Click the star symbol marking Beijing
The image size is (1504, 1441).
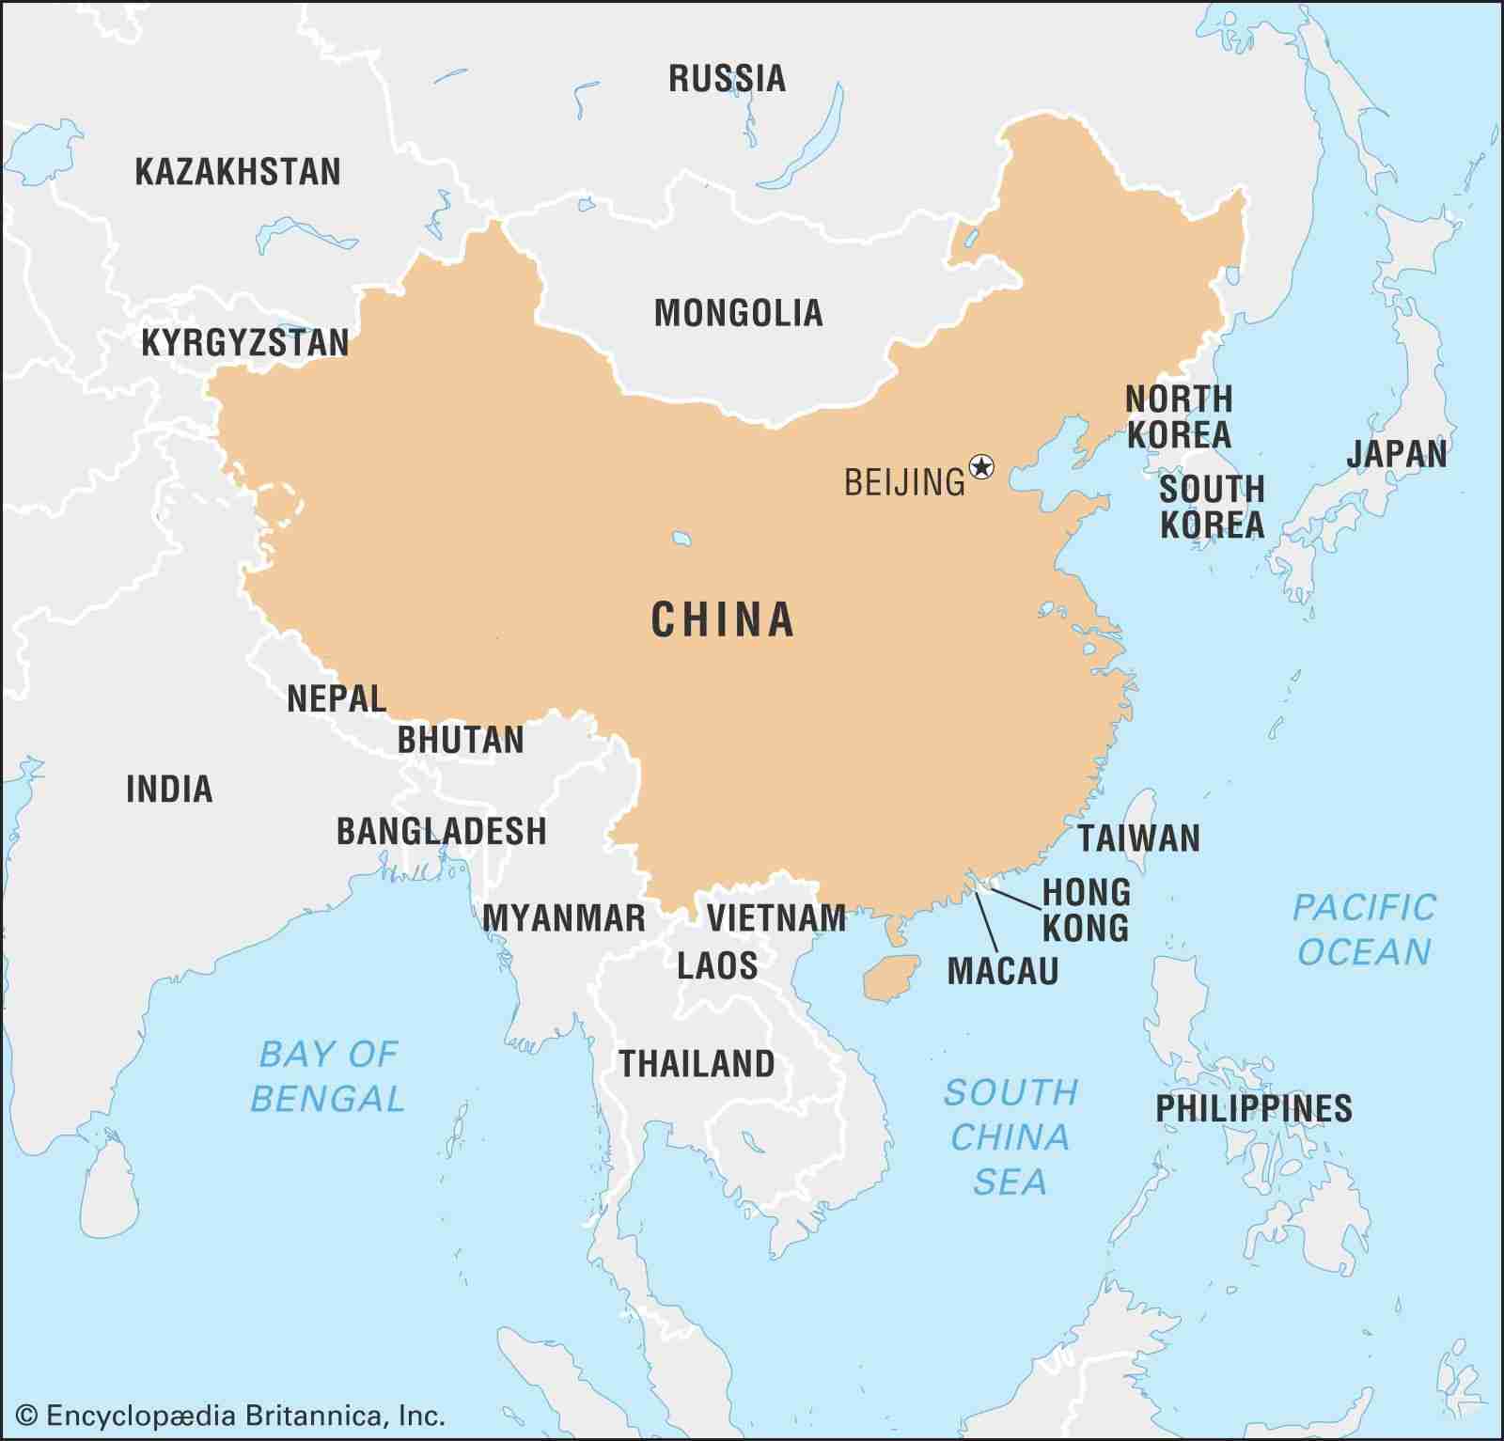point(981,466)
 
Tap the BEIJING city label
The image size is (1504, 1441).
point(904,482)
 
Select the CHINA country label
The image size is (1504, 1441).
point(723,620)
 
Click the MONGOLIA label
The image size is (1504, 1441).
point(738,313)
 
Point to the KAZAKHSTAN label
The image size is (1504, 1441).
point(238,172)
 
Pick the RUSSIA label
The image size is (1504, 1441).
point(727,79)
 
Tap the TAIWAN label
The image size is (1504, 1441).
point(1138,838)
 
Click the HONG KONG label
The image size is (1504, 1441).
point(1086,909)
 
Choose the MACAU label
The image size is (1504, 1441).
point(1003,971)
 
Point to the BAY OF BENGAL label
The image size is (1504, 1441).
point(328,1076)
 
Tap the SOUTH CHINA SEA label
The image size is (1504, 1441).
point(1010,1136)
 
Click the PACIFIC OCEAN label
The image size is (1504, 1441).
point(1364,930)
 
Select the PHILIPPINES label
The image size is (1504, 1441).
point(1253,1108)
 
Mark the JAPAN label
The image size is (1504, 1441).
point(1396,454)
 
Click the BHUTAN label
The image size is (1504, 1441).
point(461,741)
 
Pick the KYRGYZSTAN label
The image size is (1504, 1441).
point(244,343)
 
